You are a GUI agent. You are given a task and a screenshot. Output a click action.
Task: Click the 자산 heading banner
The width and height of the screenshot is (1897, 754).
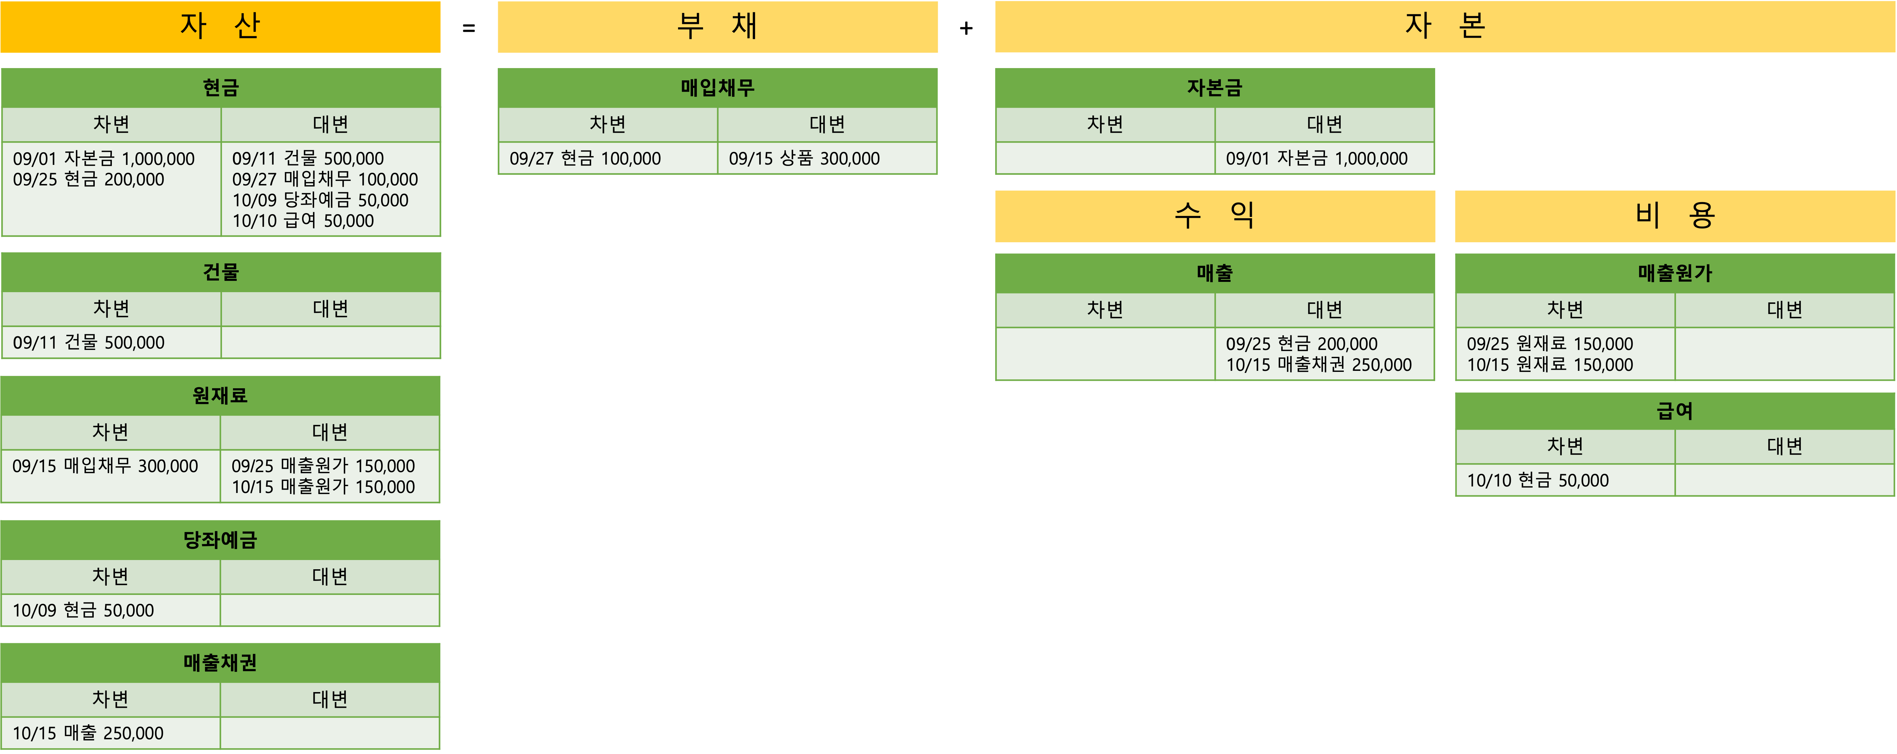(220, 26)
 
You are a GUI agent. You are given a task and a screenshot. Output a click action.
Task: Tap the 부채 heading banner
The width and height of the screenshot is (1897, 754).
(717, 26)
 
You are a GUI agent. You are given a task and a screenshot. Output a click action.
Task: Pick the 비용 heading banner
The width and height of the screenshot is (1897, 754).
(1675, 216)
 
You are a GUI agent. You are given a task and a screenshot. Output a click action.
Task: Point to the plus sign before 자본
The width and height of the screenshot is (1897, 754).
(966, 28)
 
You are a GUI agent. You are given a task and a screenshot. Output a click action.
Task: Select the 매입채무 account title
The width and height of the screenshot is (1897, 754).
(717, 88)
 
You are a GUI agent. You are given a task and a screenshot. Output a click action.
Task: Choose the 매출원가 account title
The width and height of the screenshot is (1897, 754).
(1675, 273)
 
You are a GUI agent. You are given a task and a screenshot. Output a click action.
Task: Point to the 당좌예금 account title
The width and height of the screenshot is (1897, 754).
(220, 540)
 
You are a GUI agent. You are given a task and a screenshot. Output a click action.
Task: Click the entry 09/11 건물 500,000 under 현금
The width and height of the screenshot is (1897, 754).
(308, 158)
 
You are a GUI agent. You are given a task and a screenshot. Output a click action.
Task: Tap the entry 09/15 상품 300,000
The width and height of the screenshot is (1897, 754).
(804, 158)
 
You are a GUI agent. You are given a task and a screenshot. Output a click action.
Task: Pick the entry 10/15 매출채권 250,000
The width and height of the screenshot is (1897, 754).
(1318, 364)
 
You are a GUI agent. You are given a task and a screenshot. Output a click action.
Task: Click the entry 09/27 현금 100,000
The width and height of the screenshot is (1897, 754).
(585, 158)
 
